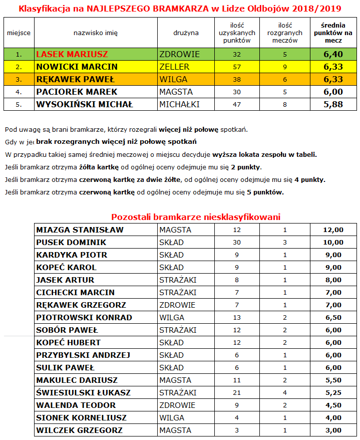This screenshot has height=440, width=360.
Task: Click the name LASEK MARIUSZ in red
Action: tap(72, 54)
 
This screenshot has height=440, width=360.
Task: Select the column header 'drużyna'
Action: tap(186, 33)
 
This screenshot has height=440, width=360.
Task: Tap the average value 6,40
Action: tap(333, 54)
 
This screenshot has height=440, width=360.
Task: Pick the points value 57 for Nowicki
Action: tap(237, 67)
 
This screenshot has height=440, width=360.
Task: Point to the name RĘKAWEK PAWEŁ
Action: tap(76, 79)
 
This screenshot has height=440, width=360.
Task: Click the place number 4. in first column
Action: tap(19, 92)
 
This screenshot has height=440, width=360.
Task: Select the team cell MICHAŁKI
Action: tap(180, 105)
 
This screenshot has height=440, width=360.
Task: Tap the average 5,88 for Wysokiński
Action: tap(333, 105)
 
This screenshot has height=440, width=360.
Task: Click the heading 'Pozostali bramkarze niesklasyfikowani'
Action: tap(196, 217)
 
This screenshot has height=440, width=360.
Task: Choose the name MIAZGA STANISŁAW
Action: tap(80, 230)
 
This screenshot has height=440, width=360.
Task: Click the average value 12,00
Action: tap(333, 230)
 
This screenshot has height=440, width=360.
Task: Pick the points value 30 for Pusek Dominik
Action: tap(237, 243)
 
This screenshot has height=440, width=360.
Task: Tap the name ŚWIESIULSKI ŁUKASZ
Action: tap(84, 393)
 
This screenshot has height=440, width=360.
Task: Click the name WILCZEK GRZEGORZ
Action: tap(79, 430)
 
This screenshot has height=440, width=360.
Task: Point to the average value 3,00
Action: tap(333, 430)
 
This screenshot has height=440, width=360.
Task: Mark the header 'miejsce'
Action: tap(19, 33)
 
